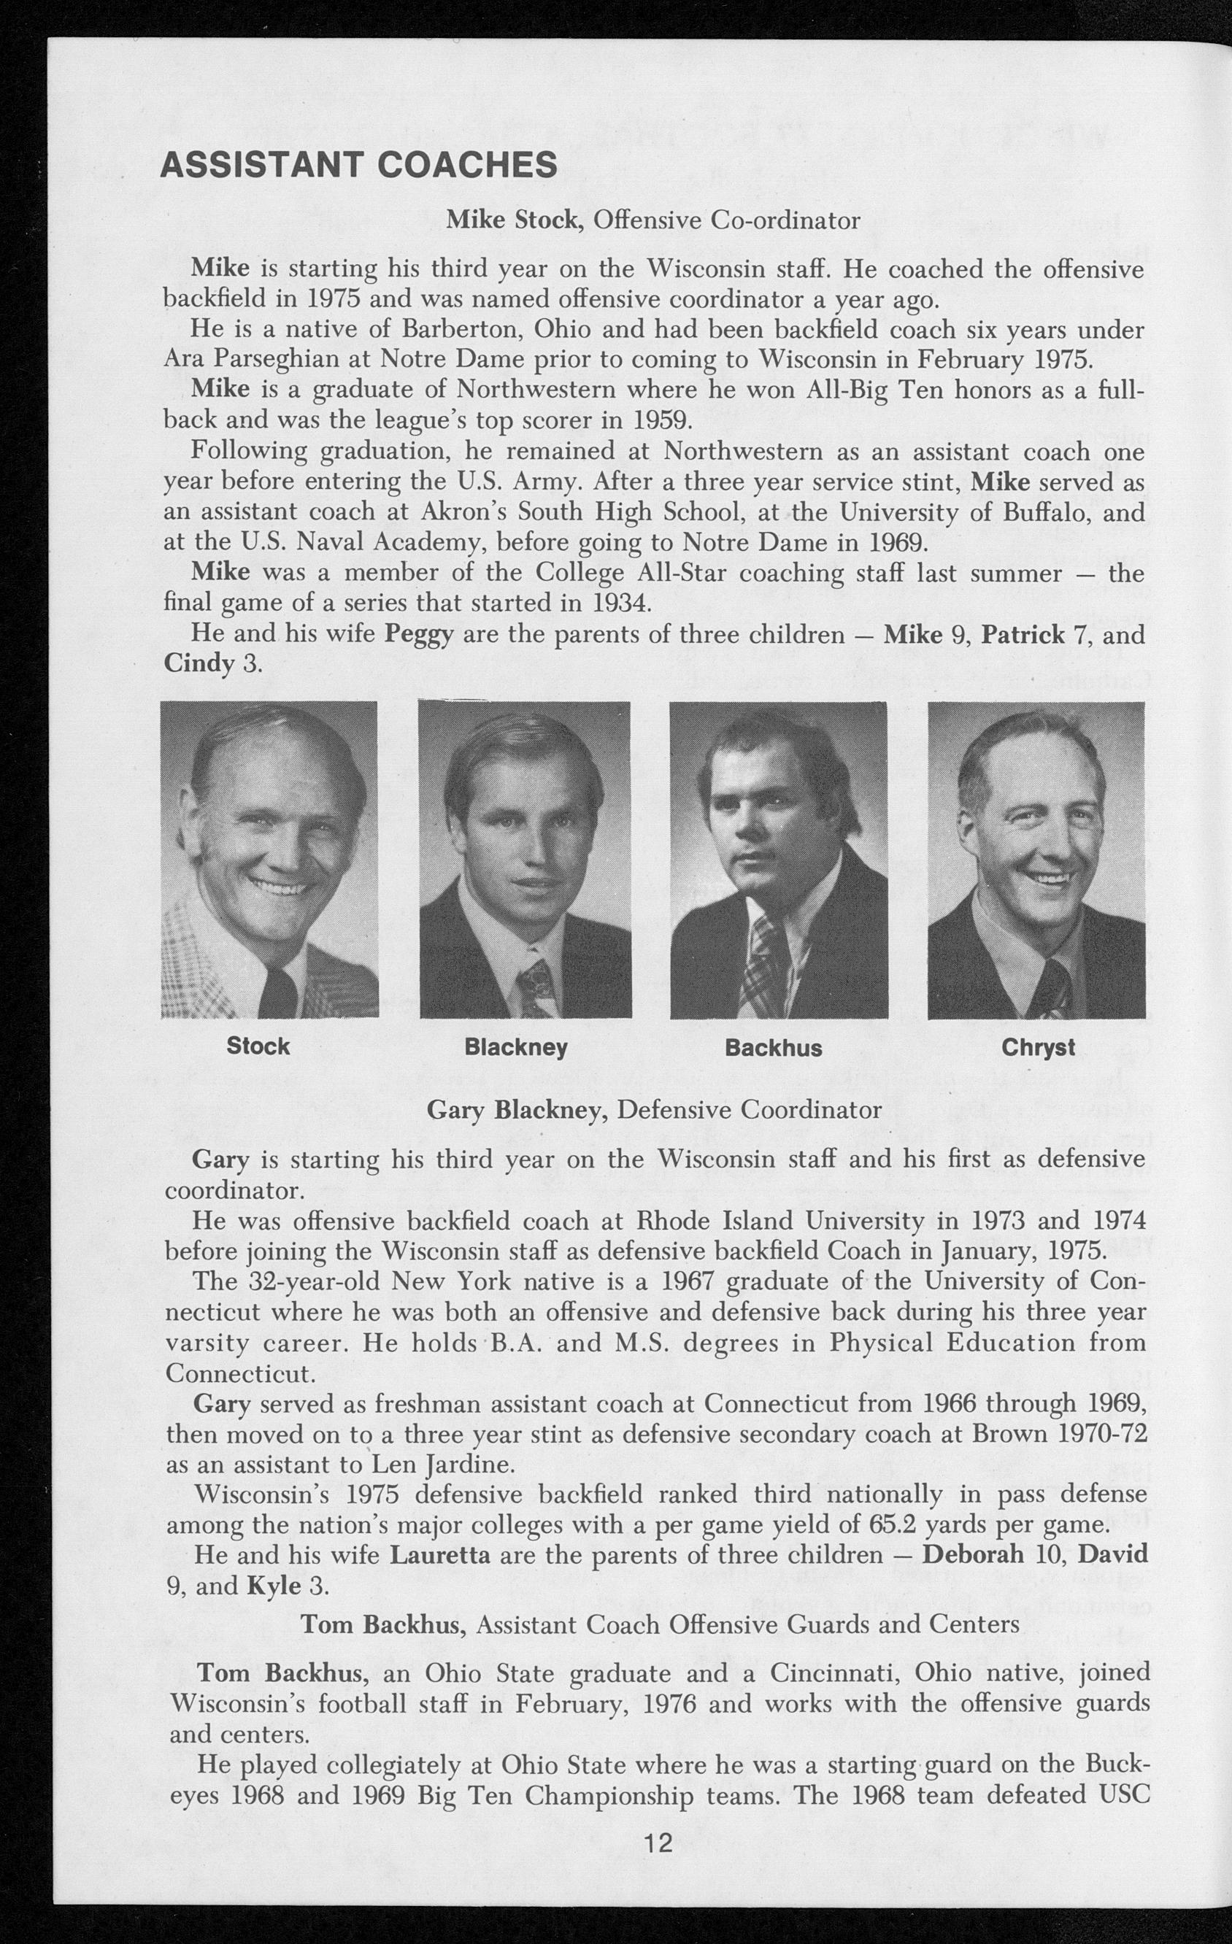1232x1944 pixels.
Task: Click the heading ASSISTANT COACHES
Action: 358,165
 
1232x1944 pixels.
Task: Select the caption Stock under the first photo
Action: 258,1046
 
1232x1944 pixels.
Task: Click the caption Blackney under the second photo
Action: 516,1048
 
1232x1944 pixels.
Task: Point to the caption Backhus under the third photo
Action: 773,1048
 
